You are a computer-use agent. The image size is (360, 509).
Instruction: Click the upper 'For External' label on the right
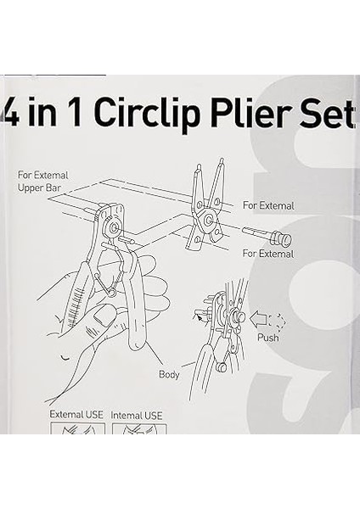[268, 205]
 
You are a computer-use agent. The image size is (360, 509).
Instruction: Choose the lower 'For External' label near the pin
[268, 254]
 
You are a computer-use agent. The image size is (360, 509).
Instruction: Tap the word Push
[268, 338]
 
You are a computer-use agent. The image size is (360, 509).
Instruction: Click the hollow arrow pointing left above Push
[258, 320]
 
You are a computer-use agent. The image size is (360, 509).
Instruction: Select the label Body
[169, 373]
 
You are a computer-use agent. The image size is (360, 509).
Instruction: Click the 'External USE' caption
[76, 415]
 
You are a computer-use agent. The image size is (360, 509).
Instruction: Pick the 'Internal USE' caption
[138, 415]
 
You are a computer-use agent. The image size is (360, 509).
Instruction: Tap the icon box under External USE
[77, 428]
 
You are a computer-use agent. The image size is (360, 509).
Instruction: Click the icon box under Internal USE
[139, 428]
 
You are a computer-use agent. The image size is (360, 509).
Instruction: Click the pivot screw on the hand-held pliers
[110, 228]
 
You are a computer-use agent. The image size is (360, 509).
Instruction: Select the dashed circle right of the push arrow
[278, 321]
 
